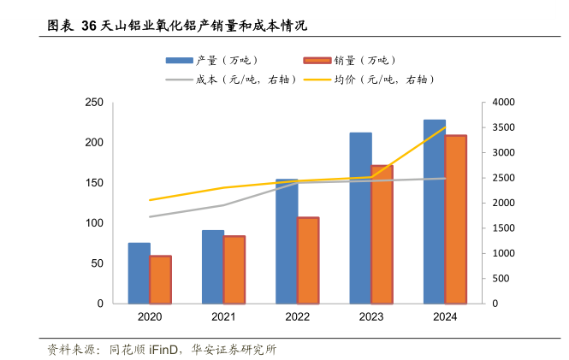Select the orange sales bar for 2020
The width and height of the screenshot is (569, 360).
(x=160, y=280)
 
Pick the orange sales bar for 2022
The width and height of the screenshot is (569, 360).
(x=308, y=261)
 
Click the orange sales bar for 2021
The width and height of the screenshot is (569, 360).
(x=234, y=269)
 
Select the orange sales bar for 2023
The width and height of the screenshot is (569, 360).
(x=382, y=234)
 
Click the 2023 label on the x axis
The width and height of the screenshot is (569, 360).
(x=371, y=317)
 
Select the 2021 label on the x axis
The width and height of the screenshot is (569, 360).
(x=223, y=317)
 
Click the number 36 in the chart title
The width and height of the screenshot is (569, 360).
(x=89, y=27)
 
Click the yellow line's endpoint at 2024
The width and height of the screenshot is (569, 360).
(x=445, y=127)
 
